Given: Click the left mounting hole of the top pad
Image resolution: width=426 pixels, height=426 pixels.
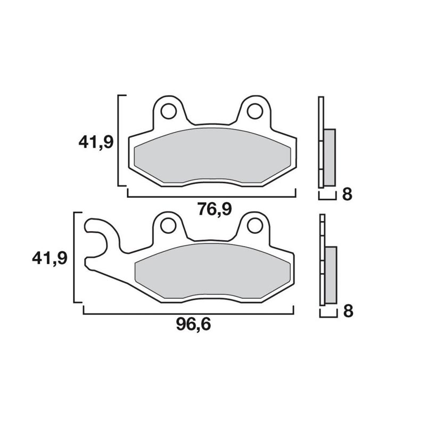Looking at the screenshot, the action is (x=168, y=111).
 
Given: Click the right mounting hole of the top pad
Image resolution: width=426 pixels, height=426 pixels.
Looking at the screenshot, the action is (x=255, y=111).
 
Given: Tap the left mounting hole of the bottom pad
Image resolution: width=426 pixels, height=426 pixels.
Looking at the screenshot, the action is (x=168, y=226).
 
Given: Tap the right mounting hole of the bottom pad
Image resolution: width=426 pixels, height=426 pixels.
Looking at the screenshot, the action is (x=255, y=226).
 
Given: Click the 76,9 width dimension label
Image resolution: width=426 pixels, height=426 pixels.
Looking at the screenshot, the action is (x=215, y=209).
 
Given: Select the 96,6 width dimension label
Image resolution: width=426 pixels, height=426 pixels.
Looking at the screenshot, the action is (x=193, y=324).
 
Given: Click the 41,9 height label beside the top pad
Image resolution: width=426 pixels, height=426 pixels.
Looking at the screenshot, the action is (x=96, y=142).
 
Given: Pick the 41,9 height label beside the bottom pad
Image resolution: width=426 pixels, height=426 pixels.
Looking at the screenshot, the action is (x=50, y=258).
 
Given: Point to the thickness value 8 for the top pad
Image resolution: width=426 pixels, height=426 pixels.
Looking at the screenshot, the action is (x=347, y=194).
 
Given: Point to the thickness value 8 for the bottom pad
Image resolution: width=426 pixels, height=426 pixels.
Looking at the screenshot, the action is (x=348, y=312).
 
